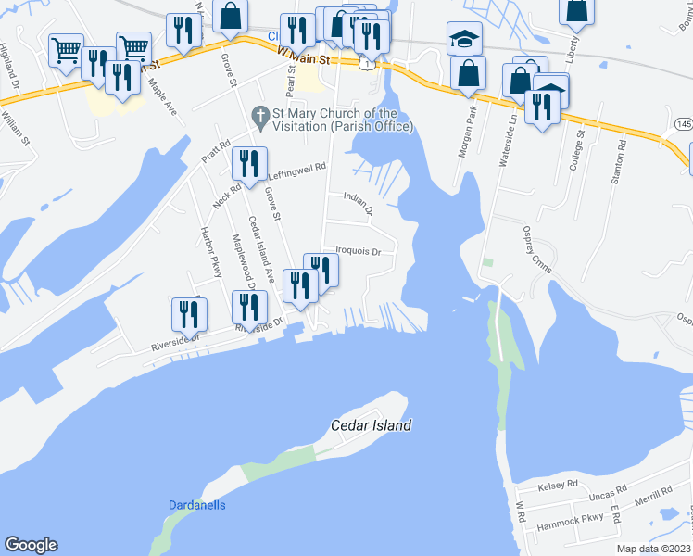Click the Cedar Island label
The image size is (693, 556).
click(371, 425)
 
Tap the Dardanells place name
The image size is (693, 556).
click(197, 505)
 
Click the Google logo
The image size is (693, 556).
click(31, 545)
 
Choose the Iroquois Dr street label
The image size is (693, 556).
click(359, 249)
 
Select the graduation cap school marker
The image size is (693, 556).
click(464, 39)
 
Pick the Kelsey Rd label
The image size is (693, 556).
click(558, 485)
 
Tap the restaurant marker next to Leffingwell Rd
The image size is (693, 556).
click(248, 164)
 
